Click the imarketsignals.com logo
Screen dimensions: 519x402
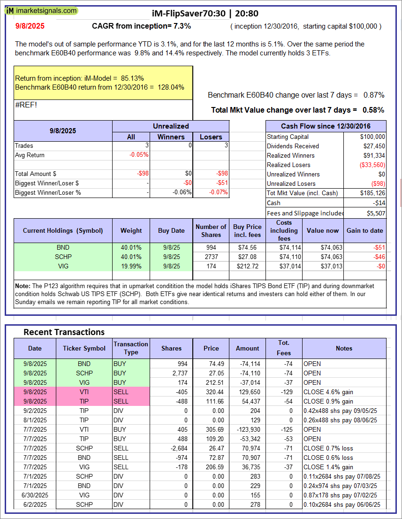[x=42, y=10]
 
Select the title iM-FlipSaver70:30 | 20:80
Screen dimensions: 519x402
[x=205, y=14]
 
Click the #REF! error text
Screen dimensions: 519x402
[x=26, y=105]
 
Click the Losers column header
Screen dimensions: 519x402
[x=211, y=137]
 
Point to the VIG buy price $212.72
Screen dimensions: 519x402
[x=247, y=266]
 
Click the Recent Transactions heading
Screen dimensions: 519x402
[x=64, y=332]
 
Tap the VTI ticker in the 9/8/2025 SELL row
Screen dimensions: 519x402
[x=84, y=392]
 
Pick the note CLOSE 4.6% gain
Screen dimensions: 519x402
[x=328, y=392]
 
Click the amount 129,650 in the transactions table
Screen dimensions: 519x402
[x=248, y=392]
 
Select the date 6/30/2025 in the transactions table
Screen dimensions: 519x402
[x=35, y=495]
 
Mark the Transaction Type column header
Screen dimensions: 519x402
[x=131, y=348]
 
